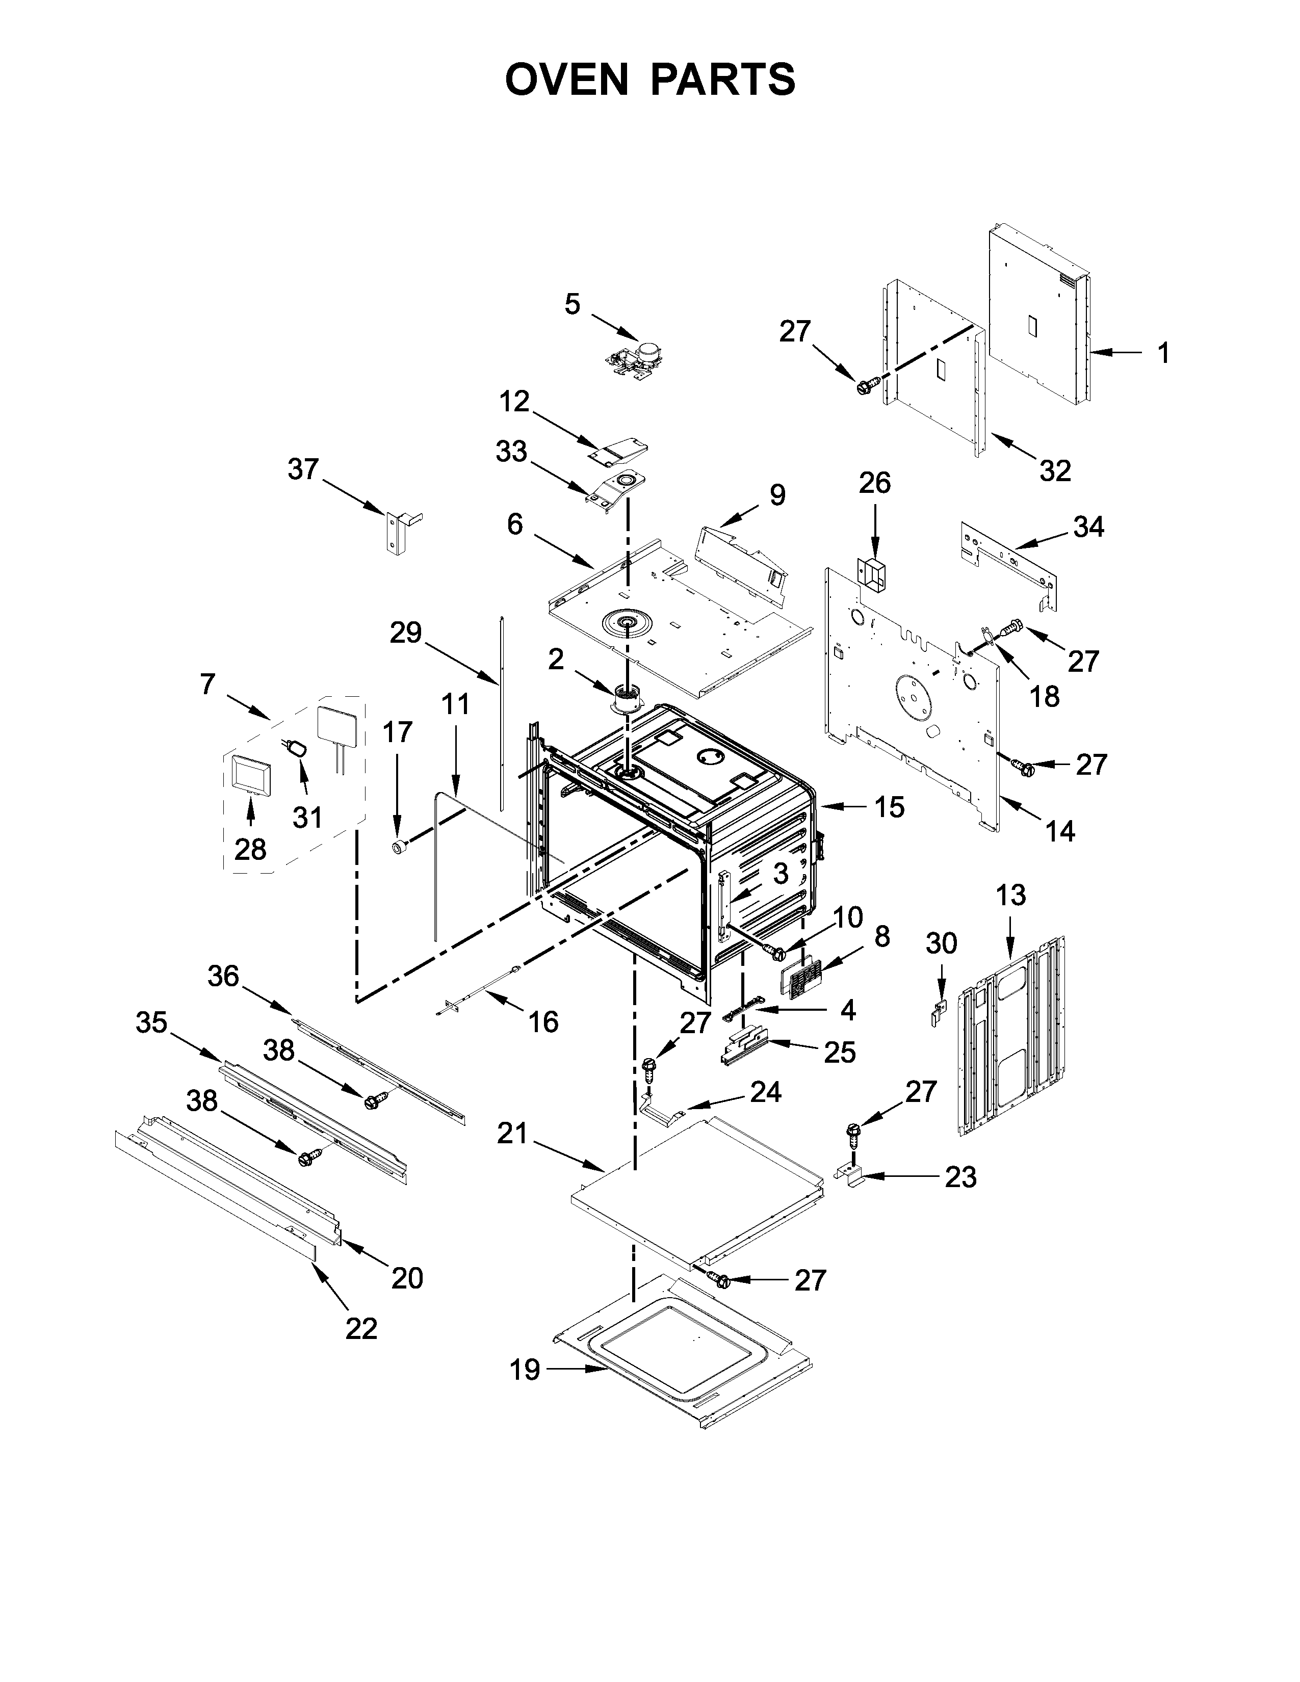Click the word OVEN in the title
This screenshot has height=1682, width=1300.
(567, 80)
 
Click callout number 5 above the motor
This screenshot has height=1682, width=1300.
(571, 304)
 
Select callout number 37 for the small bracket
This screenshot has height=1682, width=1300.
(303, 469)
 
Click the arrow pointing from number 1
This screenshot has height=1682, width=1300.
(1116, 353)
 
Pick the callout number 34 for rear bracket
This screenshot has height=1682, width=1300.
(1088, 528)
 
